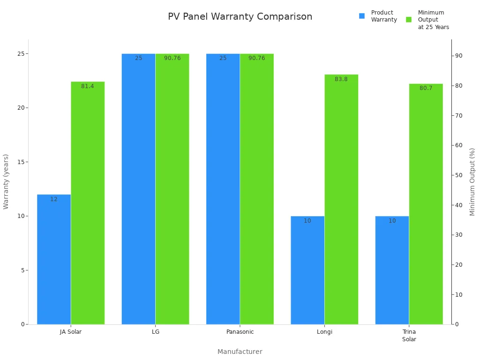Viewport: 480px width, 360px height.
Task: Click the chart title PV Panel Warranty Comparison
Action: [240, 17]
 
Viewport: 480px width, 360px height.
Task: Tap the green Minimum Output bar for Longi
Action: [341, 199]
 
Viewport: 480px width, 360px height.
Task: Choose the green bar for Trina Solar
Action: [426, 204]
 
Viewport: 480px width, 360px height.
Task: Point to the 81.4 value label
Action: [88, 86]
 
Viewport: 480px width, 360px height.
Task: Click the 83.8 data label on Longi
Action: [341, 79]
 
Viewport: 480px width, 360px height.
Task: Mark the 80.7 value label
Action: [426, 88]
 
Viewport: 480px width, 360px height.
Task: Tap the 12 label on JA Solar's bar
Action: [54, 199]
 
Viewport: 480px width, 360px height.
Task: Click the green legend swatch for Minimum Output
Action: [409, 20]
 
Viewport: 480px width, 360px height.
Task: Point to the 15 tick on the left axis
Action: [21, 162]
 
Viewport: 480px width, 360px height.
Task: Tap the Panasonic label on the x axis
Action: [240, 332]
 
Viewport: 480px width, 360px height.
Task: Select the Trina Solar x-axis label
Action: [409, 336]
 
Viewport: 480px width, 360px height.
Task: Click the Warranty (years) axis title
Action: [6, 181]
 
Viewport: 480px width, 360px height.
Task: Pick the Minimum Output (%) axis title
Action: [472, 182]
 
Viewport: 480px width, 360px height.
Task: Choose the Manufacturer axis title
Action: [240, 352]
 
